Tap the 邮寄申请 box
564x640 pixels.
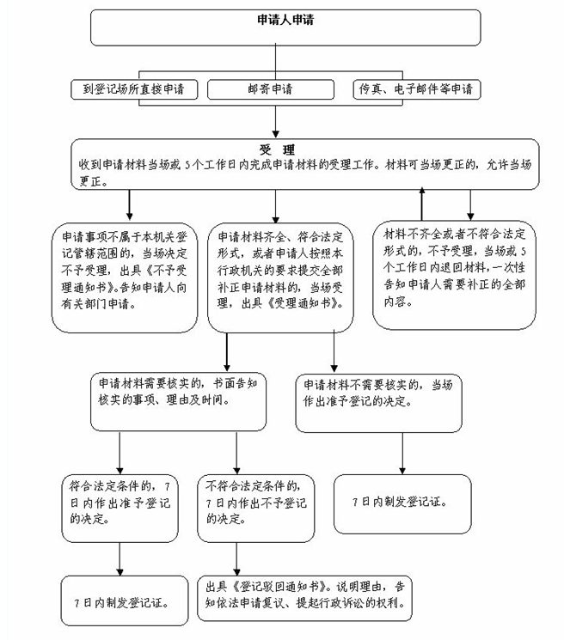tap(274, 89)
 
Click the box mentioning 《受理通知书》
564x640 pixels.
tap(280, 272)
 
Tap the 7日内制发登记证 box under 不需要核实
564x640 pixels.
tap(402, 503)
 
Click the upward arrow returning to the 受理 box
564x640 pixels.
tap(421, 202)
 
